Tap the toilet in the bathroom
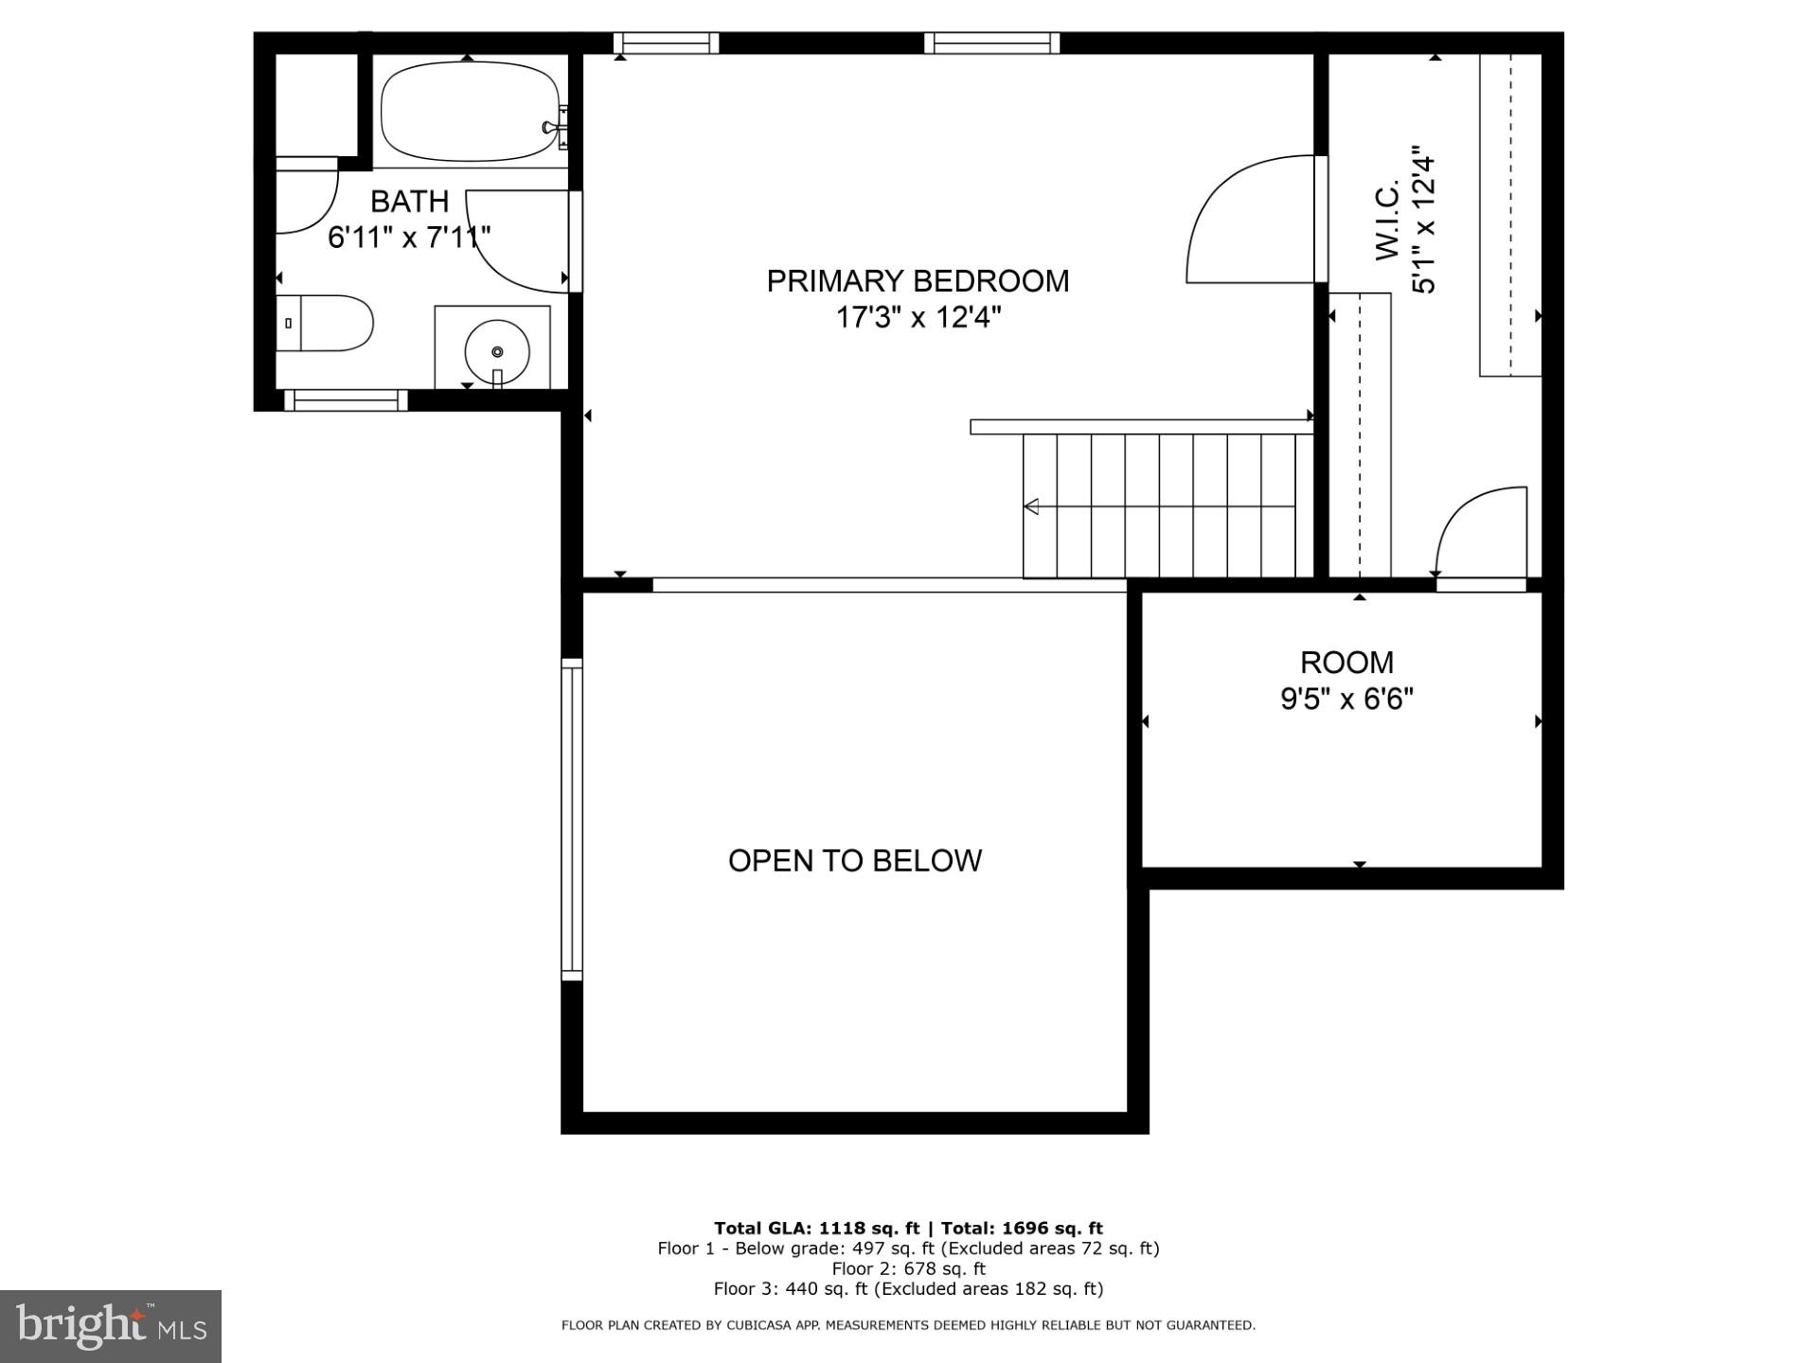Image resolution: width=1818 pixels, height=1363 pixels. pyautogui.click(x=327, y=323)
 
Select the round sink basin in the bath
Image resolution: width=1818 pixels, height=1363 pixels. pyautogui.click(x=497, y=351)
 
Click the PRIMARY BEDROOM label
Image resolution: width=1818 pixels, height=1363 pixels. pyautogui.click(x=917, y=281)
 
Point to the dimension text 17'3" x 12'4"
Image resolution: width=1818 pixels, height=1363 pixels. pyautogui.click(x=917, y=317)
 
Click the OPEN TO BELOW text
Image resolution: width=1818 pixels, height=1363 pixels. pyautogui.click(x=854, y=860)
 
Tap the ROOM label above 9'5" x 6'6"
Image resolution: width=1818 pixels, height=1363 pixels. pyautogui.click(x=1346, y=663)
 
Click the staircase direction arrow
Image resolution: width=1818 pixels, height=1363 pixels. pyautogui.click(x=1032, y=506)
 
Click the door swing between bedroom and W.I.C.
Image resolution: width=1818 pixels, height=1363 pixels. pyautogui.click(x=1250, y=220)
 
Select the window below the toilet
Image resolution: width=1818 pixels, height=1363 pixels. pyautogui.click(x=346, y=400)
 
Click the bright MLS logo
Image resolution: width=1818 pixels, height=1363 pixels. pyautogui.click(x=111, y=1326)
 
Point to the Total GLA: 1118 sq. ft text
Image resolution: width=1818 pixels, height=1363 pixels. pyautogui.click(x=815, y=1229)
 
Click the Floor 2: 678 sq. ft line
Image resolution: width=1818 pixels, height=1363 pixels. pyautogui.click(x=908, y=1268)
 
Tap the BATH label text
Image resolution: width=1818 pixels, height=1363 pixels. pyautogui.click(x=409, y=202)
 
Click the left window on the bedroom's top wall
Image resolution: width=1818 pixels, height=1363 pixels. pyautogui.click(x=666, y=43)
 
